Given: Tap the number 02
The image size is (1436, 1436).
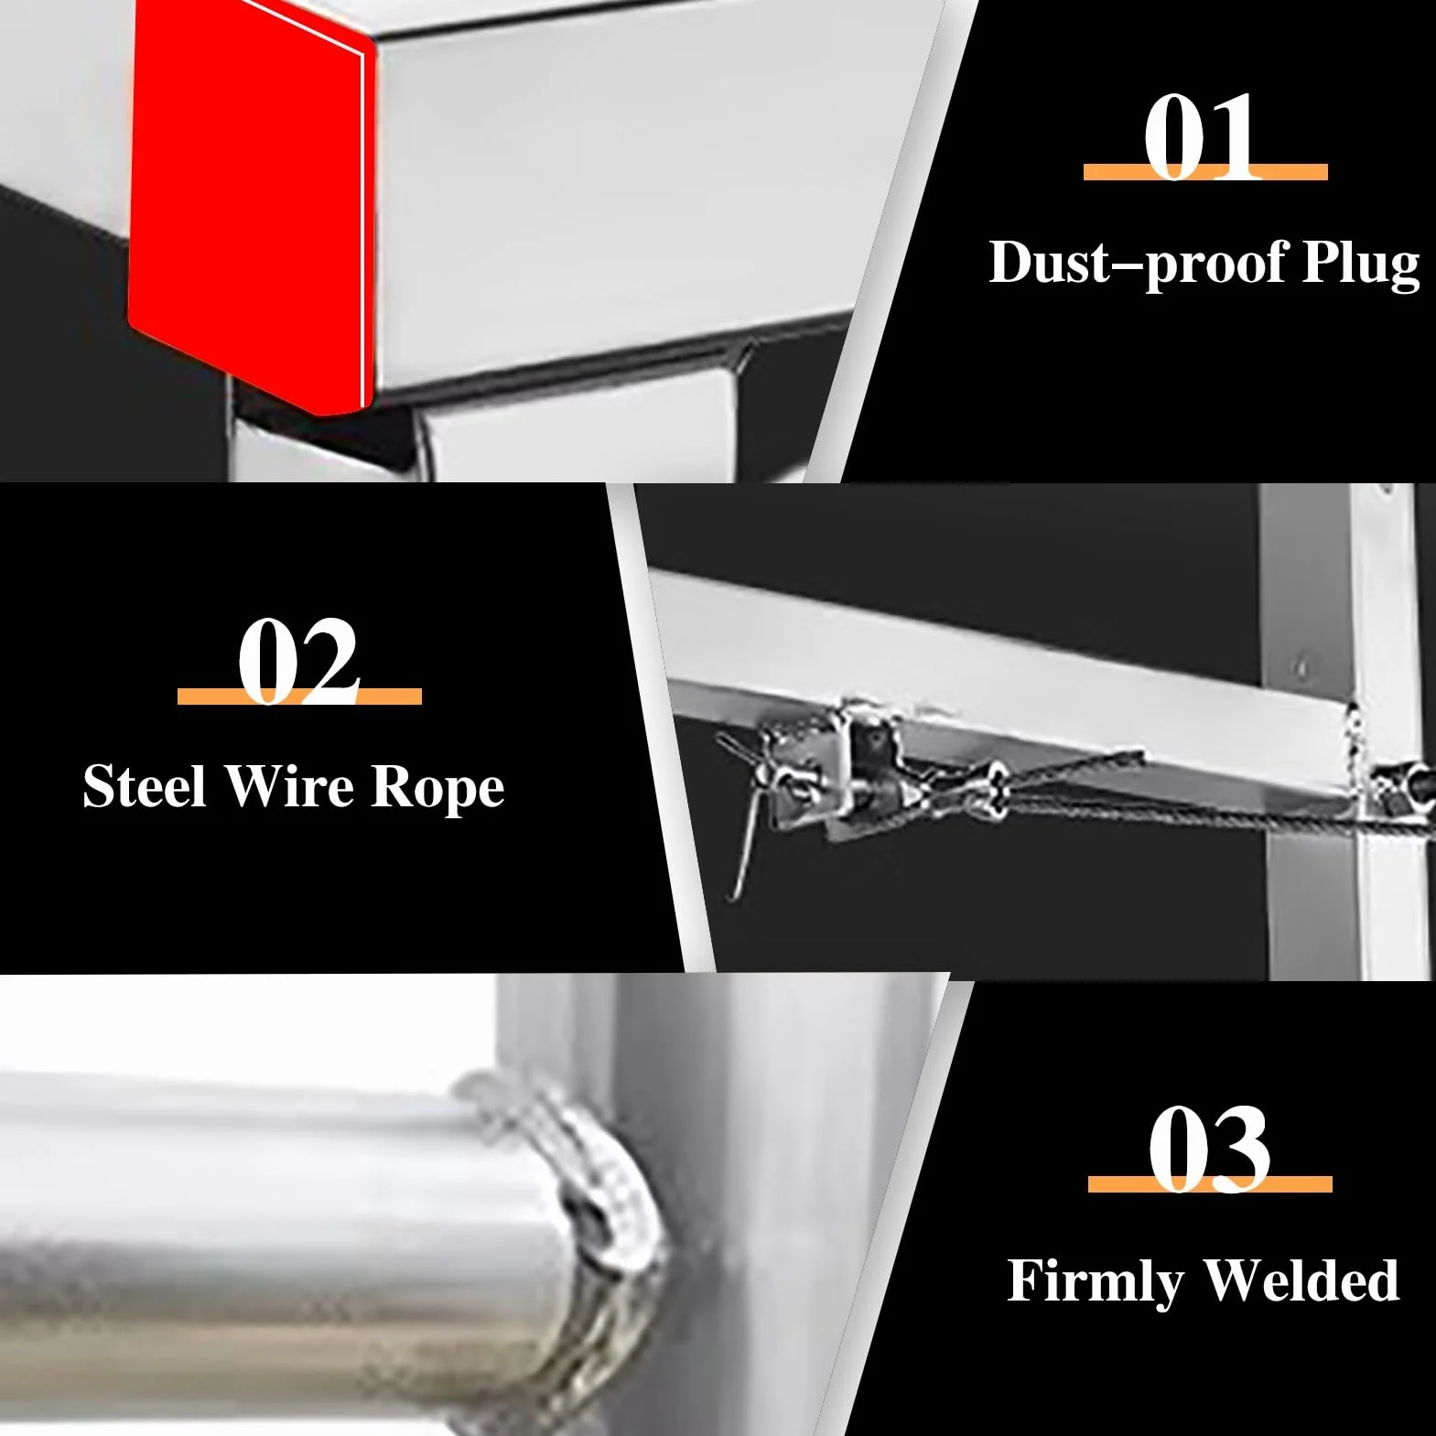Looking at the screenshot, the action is point(298,661).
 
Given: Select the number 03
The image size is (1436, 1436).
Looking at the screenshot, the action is point(1209,1149).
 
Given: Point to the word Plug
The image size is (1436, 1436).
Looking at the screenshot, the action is point(1361,265).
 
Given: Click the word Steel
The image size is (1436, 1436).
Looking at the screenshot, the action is point(144,786).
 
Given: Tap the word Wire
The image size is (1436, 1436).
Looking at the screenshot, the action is point(289,786).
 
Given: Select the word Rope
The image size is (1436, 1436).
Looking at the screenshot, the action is point(437,789).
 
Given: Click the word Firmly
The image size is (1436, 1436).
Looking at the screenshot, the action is point(1095,1282).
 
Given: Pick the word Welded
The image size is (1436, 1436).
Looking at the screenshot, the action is point(1301,1279).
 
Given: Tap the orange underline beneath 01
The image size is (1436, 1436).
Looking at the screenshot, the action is point(1205,171).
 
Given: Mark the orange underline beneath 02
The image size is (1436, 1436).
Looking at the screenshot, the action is point(299,696).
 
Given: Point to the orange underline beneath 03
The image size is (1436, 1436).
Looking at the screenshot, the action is point(1210,1184).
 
